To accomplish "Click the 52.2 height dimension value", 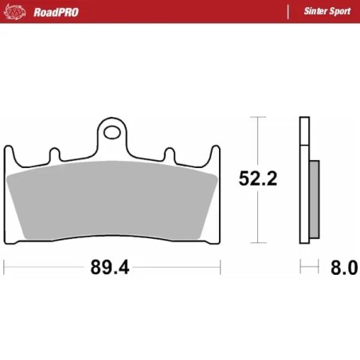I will point(257,179).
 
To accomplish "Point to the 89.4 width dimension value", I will point(109,267).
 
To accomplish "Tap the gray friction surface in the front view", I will point(112,203).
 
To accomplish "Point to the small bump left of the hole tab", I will point(54,153).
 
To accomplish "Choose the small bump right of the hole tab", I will point(168,153).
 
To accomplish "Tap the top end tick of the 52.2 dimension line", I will point(256,117).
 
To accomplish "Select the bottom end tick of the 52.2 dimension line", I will point(256,241).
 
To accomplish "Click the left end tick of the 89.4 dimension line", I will point(5,266).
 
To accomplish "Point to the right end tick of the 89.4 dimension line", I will point(219,266).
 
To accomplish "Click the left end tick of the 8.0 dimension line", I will point(300,266).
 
